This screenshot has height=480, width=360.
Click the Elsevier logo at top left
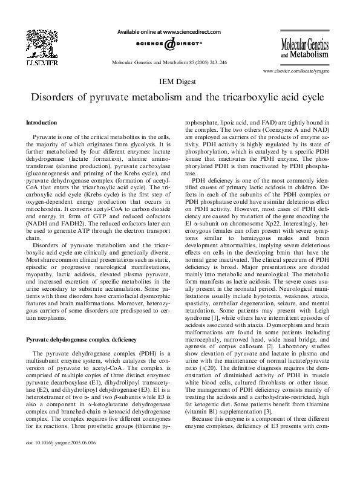(30, 45)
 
